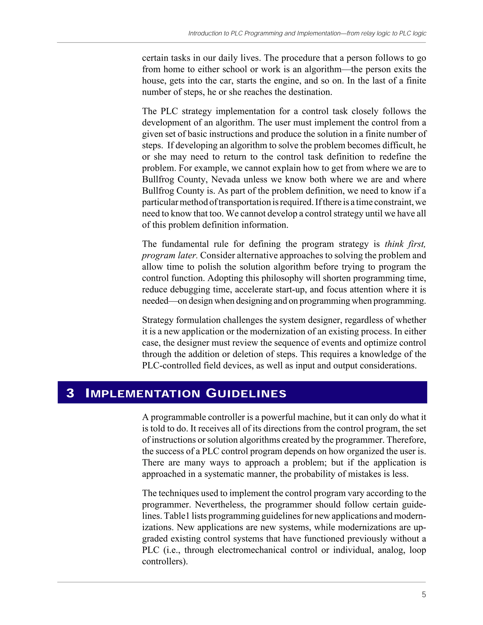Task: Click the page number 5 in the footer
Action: click(424, 594)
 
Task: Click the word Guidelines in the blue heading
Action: click(246, 393)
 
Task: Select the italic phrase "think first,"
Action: click(405, 244)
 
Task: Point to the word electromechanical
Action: click(252, 550)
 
